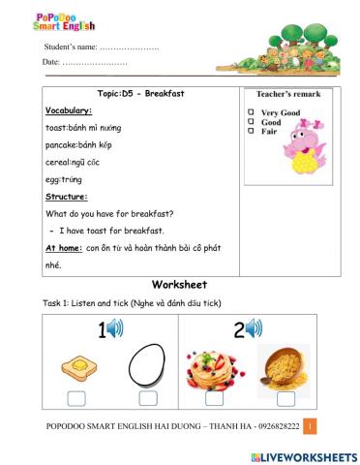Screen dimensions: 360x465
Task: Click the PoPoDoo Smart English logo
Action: [37, 19]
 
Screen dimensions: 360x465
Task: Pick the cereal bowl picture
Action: [285, 366]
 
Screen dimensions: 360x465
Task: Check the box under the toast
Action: [75, 398]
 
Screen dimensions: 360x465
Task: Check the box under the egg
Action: [148, 398]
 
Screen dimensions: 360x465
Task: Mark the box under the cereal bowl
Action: [286, 398]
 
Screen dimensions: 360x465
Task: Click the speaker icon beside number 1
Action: [115, 329]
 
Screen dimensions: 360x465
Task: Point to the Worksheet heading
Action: [179, 285]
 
